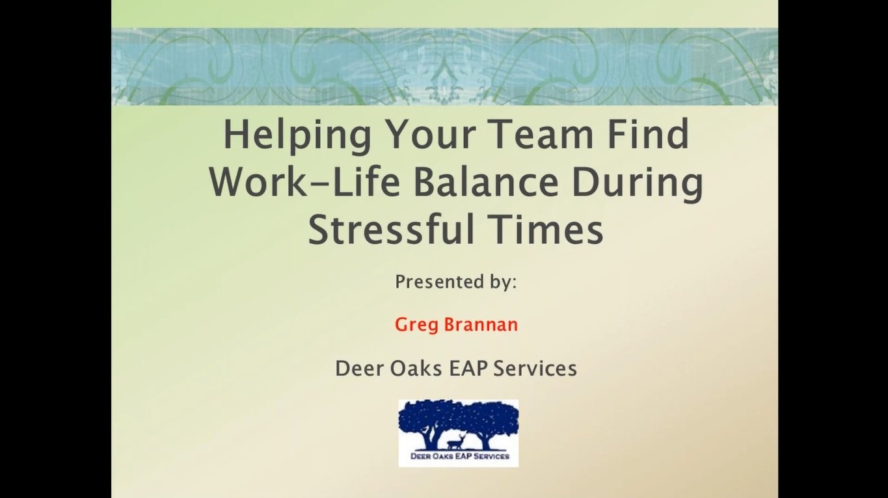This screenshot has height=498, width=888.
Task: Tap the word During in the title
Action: [x=637, y=183]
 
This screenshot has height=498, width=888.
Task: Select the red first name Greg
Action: [x=416, y=324]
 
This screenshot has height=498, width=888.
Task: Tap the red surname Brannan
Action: [x=481, y=324]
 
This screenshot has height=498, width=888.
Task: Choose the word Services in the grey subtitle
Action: [x=535, y=369]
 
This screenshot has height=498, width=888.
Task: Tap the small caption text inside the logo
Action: [x=459, y=457]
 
